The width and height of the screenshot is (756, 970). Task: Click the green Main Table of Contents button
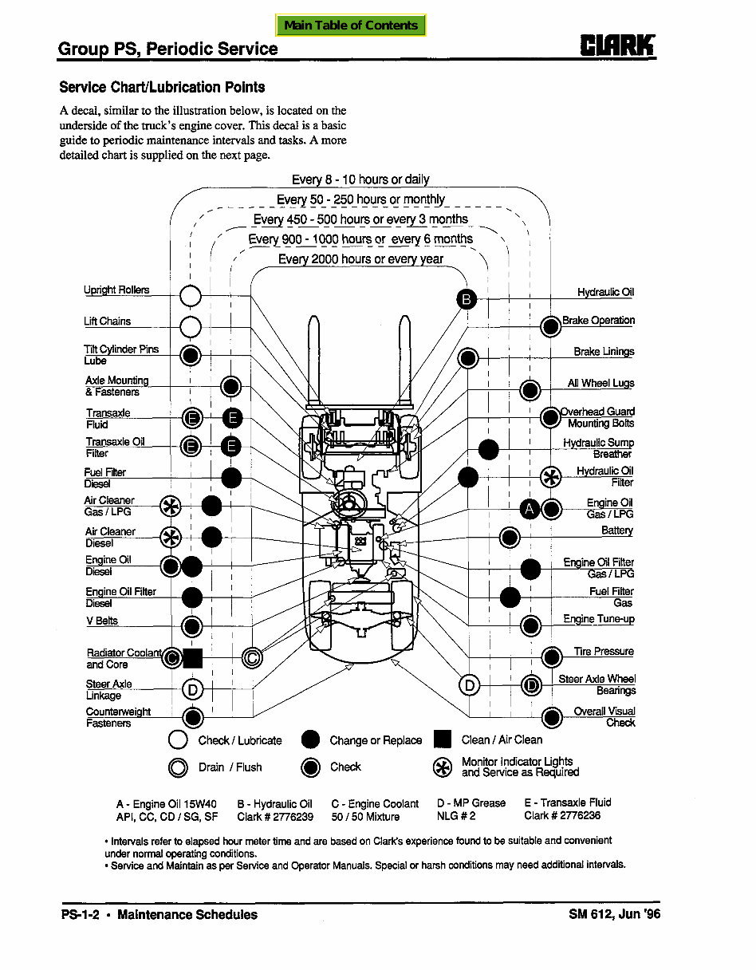[x=351, y=26]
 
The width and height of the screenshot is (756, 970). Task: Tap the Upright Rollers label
[x=116, y=290]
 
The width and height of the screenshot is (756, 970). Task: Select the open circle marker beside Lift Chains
[x=191, y=327]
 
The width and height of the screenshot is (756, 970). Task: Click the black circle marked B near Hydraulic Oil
[x=467, y=299]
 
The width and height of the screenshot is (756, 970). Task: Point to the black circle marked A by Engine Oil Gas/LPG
[x=530, y=509]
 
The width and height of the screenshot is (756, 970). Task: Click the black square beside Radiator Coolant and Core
[x=193, y=658]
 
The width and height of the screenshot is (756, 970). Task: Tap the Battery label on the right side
[x=616, y=530]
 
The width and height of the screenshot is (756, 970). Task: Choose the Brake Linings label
[x=604, y=352]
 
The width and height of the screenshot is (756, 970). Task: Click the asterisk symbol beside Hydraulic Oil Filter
[x=551, y=477]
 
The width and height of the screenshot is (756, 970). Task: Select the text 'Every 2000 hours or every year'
[x=360, y=259]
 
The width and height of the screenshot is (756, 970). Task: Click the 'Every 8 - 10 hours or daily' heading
[x=360, y=179]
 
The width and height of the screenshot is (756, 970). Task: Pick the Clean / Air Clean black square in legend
[x=443, y=740]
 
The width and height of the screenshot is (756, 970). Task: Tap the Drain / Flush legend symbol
[x=178, y=767]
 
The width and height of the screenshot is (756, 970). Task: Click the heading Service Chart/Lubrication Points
[x=162, y=88]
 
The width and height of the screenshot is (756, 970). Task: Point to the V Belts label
[x=102, y=621]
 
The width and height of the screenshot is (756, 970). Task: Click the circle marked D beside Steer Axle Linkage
[x=192, y=689]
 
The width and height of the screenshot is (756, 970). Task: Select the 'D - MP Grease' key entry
[x=471, y=803]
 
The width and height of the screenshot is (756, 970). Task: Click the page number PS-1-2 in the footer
[x=80, y=915]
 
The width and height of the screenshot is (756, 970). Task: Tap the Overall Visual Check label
[x=604, y=716]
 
